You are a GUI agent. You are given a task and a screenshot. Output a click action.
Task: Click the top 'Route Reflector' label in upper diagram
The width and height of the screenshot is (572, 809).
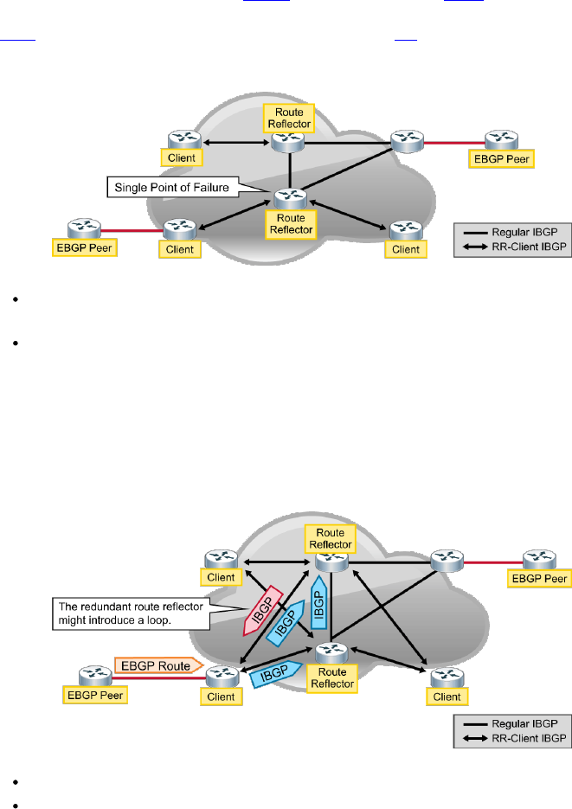(x=288, y=117)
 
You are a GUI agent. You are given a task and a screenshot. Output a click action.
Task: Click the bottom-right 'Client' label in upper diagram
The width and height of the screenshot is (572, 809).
(x=405, y=249)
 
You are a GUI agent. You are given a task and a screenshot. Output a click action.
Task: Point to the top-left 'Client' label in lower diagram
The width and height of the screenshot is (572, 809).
(x=221, y=577)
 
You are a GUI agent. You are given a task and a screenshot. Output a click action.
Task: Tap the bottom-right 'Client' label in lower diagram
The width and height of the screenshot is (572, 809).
(x=447, y=697)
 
